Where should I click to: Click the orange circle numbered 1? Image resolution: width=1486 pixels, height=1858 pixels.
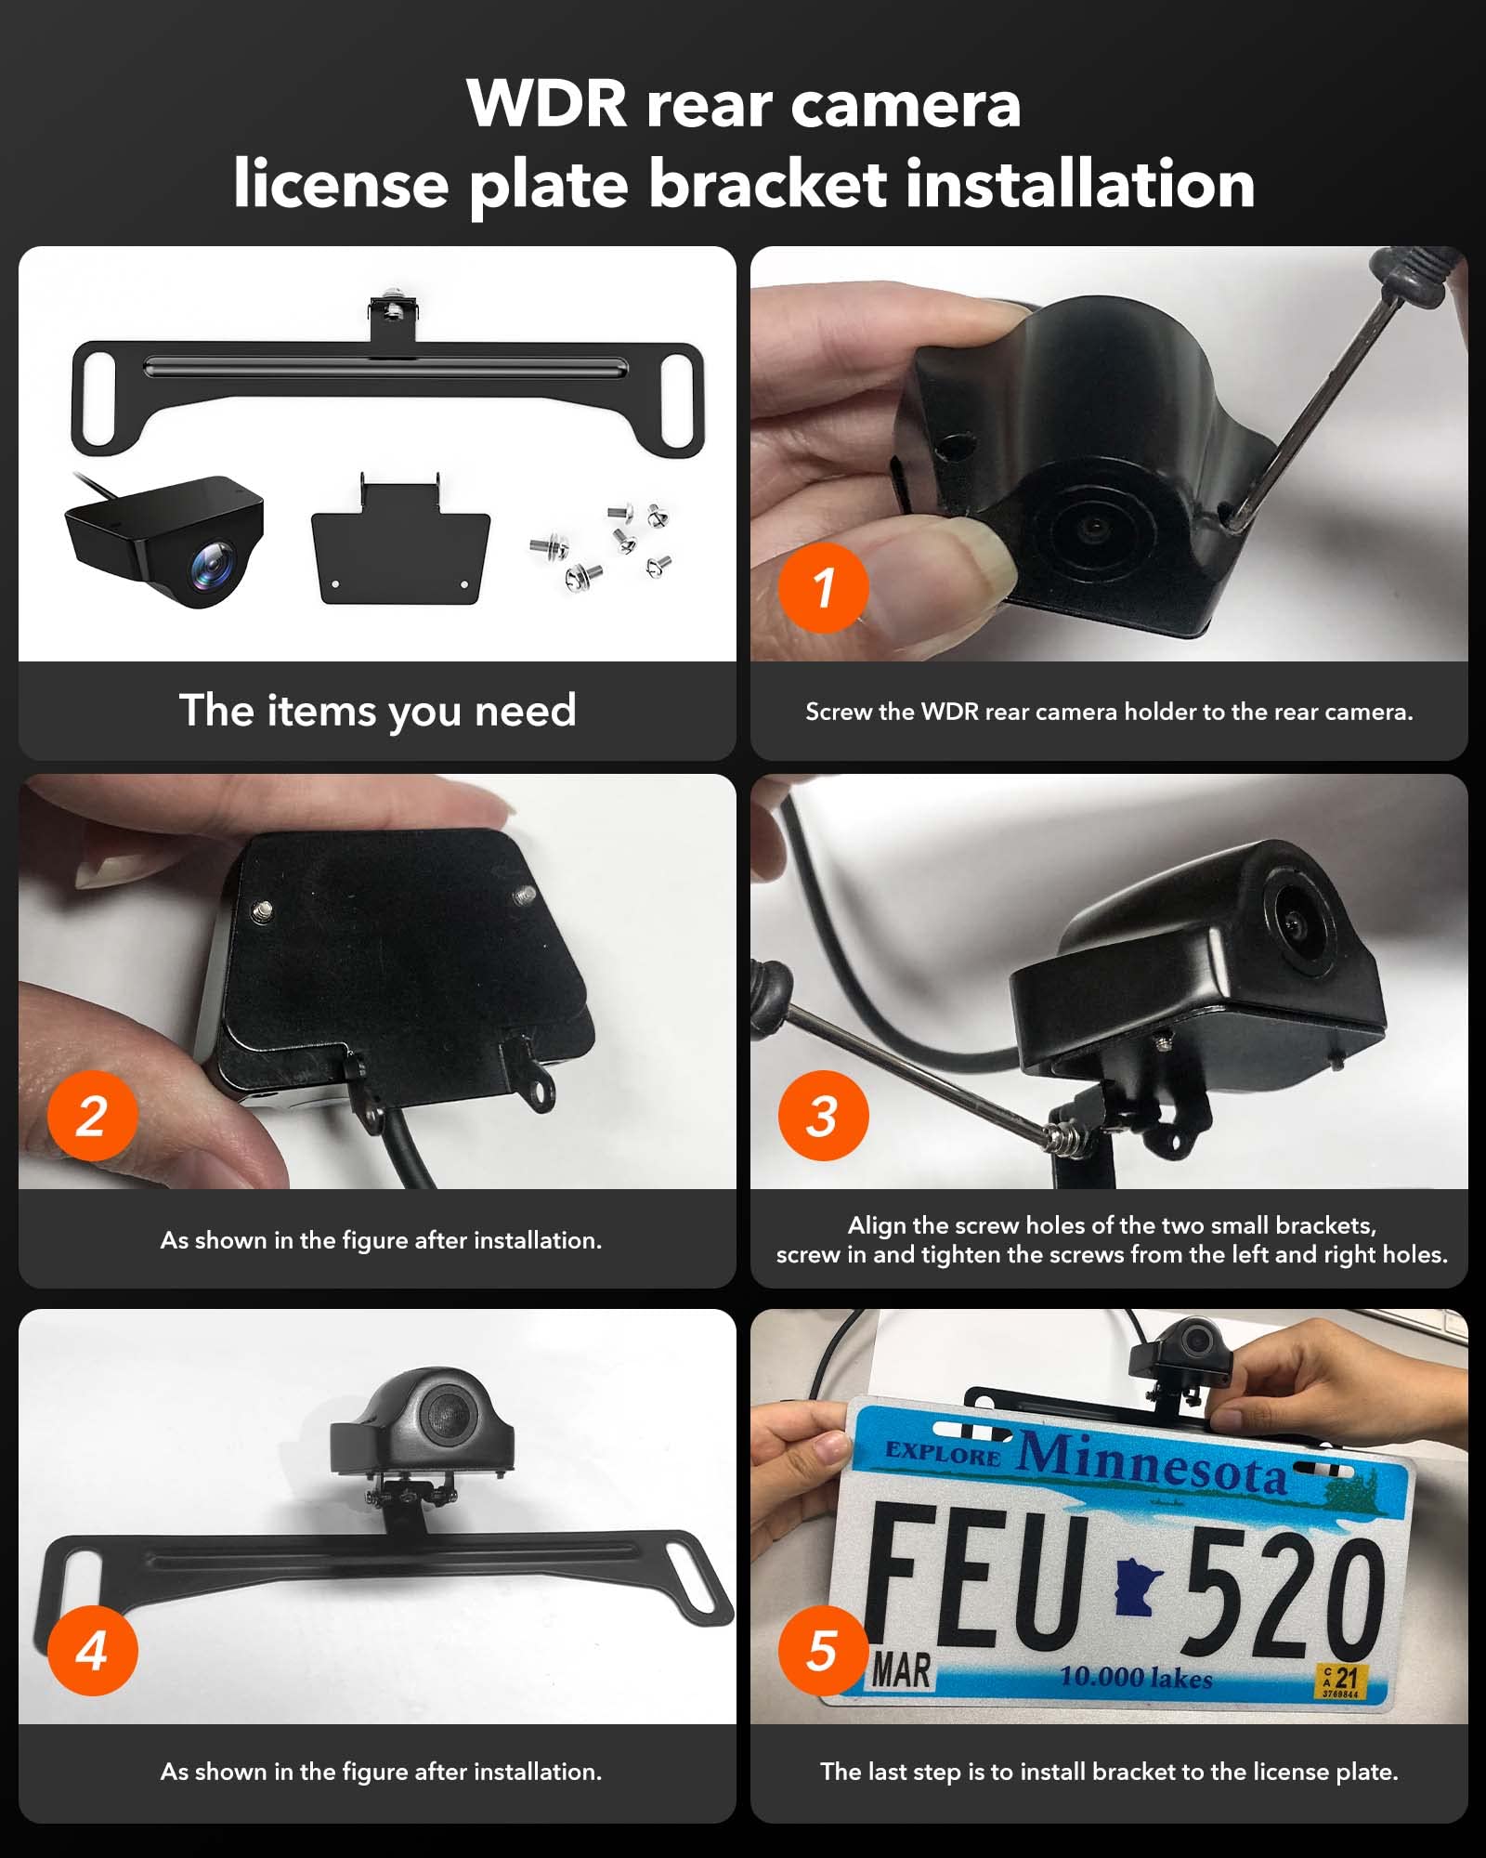point(823,587)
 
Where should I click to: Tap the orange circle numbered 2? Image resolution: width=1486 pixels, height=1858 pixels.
point(92,1115)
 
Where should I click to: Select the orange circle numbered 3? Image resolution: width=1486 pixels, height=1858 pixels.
point(823,1115)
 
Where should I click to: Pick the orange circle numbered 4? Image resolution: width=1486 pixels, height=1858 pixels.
point(92,1651)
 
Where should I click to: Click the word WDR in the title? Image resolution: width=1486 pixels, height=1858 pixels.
point(548,104)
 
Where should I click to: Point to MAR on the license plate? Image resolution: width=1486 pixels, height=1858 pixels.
point(901,1672)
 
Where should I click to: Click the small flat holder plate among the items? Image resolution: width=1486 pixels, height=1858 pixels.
point(399,548)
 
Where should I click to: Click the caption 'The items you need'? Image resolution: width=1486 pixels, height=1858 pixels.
point(377,711)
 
